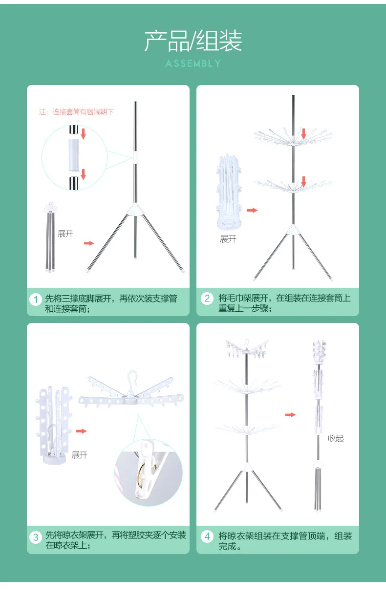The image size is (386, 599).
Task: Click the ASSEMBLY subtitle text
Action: [x=193, y=64]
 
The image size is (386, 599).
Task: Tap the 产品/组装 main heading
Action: [x=193, y=41]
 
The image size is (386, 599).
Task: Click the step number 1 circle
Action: [x=36, y=299]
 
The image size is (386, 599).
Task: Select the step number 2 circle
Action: [x=207, y=299]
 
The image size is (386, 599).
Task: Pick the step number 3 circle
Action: [x=36, y=537]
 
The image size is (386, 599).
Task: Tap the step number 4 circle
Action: [x=207, y=536]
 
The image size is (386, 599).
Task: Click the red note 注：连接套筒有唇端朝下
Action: [x=76, y=112]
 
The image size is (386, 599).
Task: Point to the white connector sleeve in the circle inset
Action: [x=74, y=155]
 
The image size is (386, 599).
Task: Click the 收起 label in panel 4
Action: [x=336, y=438]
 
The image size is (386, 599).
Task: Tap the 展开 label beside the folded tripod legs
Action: [x=65, y=234]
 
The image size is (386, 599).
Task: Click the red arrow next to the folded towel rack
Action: [x=252, y=210]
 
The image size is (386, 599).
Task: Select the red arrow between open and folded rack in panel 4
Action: [x=290, y=415]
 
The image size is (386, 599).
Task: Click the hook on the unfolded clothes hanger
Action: [x=131, y=378]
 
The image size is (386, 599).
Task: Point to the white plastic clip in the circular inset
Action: [x=146, y=470]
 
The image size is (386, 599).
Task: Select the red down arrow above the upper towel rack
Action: [x=303, y=133]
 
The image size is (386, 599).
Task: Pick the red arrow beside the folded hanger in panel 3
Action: [x=81, y=431]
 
